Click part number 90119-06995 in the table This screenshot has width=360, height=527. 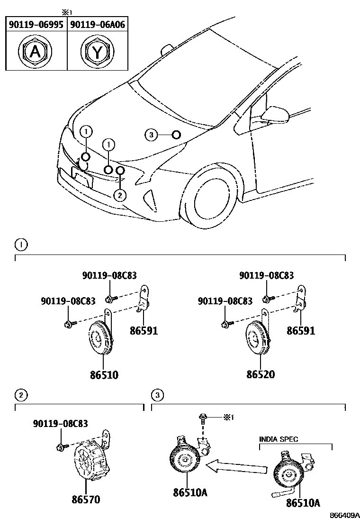(x=36, y=25)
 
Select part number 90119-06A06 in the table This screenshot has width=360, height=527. (x=97, y=25)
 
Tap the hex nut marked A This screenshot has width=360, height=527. (x=35, y=51)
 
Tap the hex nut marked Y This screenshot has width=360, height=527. (x=97, y=51)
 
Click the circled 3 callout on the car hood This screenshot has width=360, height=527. (x=151, y=135)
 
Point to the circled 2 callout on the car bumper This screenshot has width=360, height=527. (x=120, y=194)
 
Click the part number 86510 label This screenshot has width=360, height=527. (x=104, y=375)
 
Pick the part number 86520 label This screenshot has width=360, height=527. (x=260, y=375)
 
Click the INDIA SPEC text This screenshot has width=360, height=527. (x=279, y=439)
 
